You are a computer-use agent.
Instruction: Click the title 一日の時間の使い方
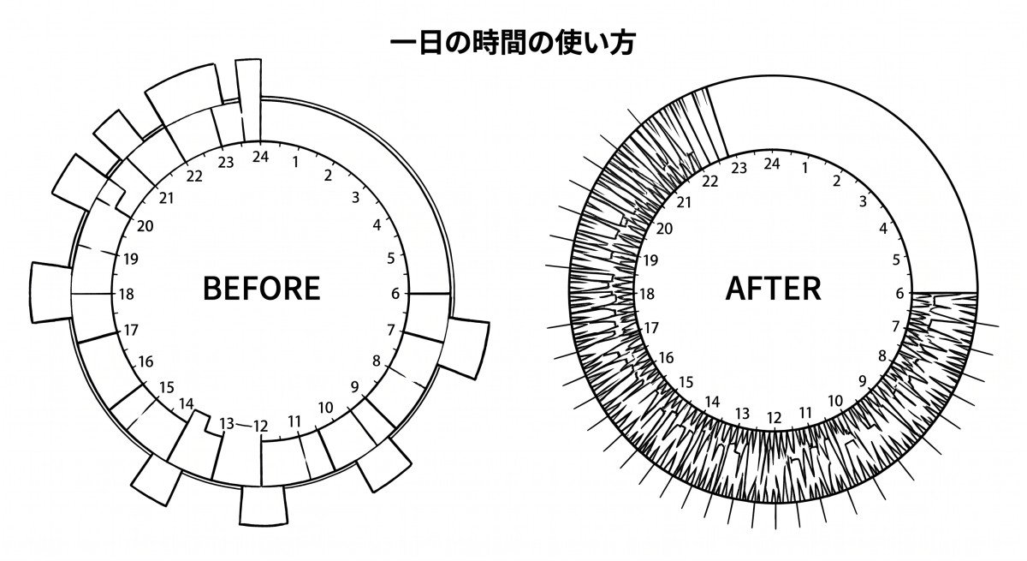coord(513,43)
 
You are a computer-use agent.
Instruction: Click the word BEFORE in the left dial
coord(261,289)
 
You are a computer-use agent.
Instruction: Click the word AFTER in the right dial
coord(773,289)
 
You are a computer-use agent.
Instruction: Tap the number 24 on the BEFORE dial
coord(260,157)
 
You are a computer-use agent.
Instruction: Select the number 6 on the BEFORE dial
coord(395,294)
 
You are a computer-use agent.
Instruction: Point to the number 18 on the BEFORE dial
coord(126,294)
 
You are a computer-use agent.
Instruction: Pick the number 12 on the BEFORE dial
coord(260,427)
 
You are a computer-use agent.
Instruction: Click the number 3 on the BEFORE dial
coord(355,197)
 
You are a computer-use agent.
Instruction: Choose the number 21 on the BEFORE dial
coord(166,198)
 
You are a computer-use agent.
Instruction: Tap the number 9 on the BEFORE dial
coord(354,387)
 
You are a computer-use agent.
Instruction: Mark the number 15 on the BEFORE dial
coord(166,388)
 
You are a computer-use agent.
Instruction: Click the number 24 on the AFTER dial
coord(772,164)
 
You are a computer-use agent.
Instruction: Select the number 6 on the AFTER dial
coord(899,294)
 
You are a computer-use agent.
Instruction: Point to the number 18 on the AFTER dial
coord(647,294)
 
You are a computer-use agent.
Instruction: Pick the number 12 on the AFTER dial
coord(774,418)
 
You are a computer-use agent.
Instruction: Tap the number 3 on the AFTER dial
coord(863,201)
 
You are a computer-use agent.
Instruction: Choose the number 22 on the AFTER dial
coord(709,182)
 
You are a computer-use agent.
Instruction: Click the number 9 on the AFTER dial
coord(863,382)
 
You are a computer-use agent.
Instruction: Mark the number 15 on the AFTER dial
coord(686,382)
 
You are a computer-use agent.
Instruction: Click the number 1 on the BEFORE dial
coord(296,162)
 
